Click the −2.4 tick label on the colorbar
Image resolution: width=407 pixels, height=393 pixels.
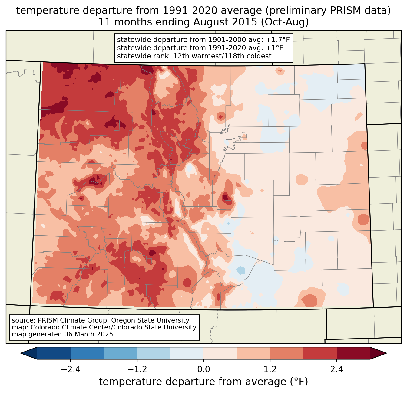tap(71, 369)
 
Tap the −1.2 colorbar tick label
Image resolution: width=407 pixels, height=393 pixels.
tap(137, 369)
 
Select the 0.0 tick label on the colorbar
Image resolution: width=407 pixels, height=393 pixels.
tap(203, 369)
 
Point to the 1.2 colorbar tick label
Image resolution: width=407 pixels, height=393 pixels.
tap(270, 369)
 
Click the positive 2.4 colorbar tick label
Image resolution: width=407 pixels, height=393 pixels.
tap(336, 369)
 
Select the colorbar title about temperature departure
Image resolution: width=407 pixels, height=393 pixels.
tap(203, 382)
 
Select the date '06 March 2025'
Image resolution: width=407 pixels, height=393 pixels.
tap(88, 334)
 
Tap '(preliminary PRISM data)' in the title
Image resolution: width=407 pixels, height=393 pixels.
tap(328, 11)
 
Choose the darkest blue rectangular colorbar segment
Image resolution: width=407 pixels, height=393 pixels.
tap(54, 353)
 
